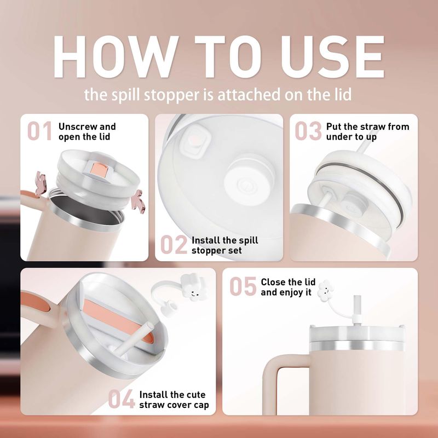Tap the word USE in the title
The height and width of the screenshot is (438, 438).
pyautogui.click(x=332, y=57)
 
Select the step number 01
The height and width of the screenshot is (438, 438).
pyautogui.click(x=39, y=131)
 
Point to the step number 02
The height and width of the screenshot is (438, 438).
pyautogui.click(x=174, y=245)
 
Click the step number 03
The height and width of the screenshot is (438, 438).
pyautogui.click(x=308, y=131)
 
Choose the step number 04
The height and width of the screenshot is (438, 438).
pyautogui.click(x=122, y=399)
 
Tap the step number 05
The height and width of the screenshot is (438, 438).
pyautogui.click(x=243, y=286)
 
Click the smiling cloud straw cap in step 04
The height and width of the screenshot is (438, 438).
pyautogui.click(x=194, y=288)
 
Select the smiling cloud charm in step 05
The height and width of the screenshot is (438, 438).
pyautogui.click(x=326, y=291)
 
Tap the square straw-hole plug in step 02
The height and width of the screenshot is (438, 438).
pyautogui.click(x=194, y=141)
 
